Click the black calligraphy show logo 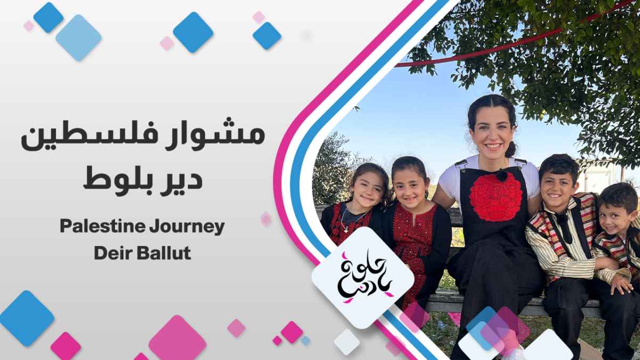coord(364,277)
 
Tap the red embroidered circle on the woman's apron coord(496,197)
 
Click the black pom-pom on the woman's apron coord(502,175)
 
